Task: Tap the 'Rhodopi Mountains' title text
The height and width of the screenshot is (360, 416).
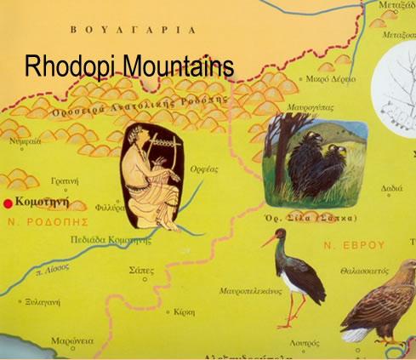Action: (128, 67)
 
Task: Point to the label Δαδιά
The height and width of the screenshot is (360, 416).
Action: (391, 188)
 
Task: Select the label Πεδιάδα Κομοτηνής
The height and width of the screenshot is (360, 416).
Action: (111, 242)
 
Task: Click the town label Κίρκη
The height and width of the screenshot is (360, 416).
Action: (186, 312)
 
